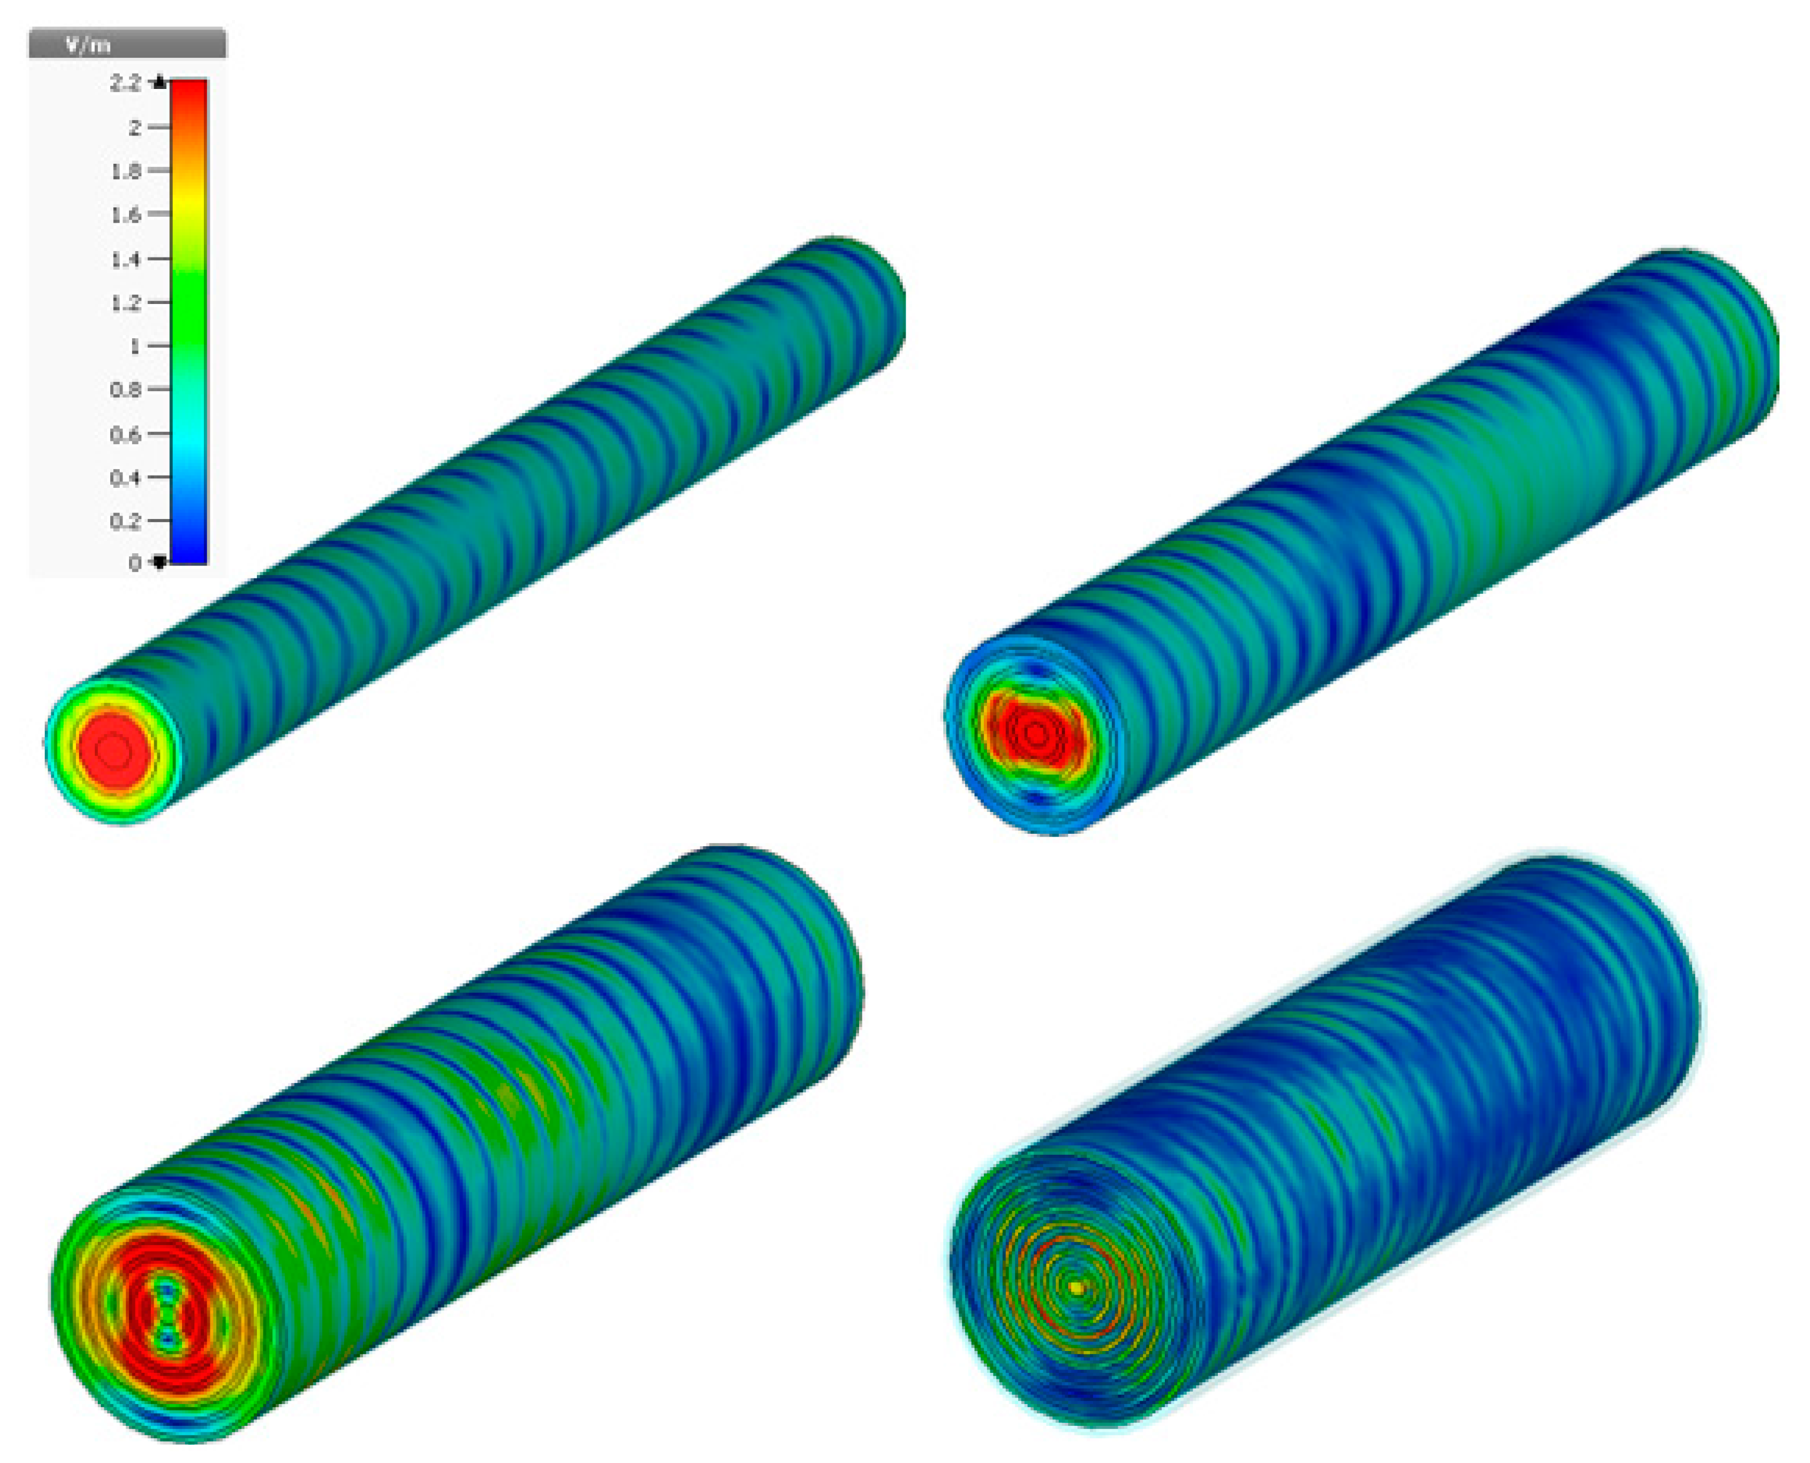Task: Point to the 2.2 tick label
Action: [125, 82]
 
